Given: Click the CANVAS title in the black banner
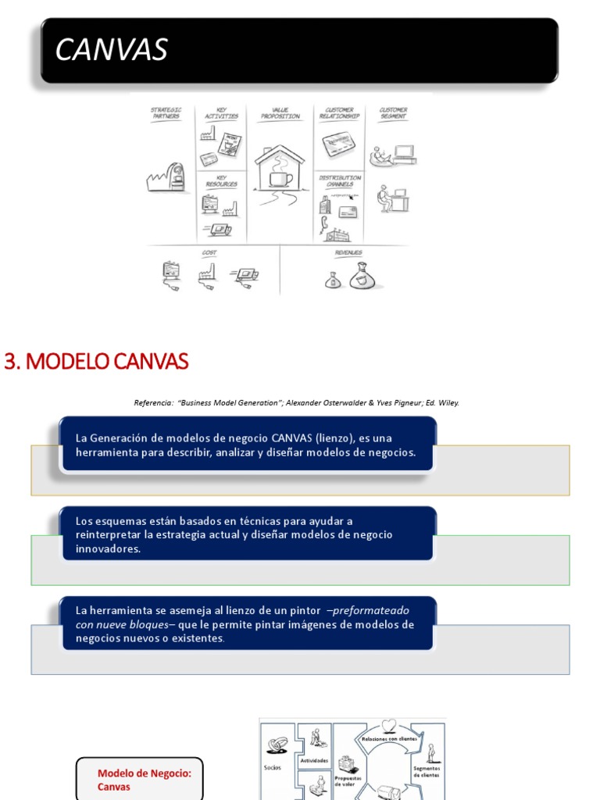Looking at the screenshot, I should coord(111,50).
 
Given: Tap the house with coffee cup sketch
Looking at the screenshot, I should coord(279,167).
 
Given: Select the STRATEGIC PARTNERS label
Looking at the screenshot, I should coord(166,113).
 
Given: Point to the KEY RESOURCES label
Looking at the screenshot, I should coord(221,181).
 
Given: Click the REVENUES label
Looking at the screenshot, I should coord(348,253).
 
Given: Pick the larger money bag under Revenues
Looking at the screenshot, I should coord(364,276).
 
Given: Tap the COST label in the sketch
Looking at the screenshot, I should coord(209,253).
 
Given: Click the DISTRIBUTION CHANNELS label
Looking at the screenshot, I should coord(340,181).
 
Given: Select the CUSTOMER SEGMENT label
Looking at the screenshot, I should coord(393,113).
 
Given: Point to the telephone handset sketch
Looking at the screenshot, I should coord(323,223).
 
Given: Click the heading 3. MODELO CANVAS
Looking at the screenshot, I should coord(96,362).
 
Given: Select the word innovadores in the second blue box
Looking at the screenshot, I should coord(109,549).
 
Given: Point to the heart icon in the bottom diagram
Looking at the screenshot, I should coord(388,725).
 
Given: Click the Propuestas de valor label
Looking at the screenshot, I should coord(348,781).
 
